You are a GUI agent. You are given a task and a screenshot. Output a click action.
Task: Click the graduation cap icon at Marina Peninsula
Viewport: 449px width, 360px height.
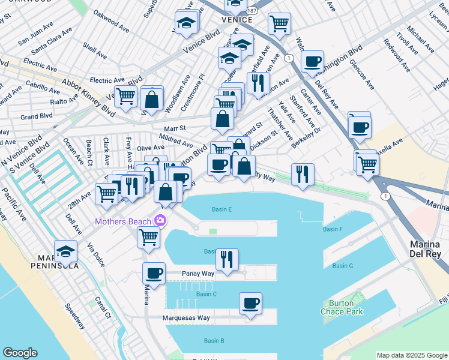point(65,251)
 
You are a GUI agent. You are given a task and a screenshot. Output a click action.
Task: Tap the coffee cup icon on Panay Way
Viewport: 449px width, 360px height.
point(154,274)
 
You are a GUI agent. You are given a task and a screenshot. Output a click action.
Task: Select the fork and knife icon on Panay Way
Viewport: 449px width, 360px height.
point(227,259)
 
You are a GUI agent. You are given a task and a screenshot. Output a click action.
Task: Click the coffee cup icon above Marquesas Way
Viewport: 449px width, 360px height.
point(250,303)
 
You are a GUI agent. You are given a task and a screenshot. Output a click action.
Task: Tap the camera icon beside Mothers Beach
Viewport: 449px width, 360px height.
point(160,221)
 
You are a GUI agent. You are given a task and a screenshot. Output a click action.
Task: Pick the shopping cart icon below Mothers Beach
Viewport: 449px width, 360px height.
point(148,236)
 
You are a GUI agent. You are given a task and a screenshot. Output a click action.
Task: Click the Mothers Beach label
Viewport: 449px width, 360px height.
point(122,222)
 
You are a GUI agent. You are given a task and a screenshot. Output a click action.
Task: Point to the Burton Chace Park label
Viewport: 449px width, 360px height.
point(340,307)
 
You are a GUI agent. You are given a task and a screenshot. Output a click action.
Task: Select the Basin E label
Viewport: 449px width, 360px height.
point(221,209)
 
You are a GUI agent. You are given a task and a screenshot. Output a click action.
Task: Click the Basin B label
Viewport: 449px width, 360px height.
point(214,341)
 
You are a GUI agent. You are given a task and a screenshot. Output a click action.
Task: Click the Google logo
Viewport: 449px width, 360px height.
point(20,353)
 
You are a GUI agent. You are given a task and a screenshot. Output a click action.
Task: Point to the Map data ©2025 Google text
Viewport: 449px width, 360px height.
point(411,355)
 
